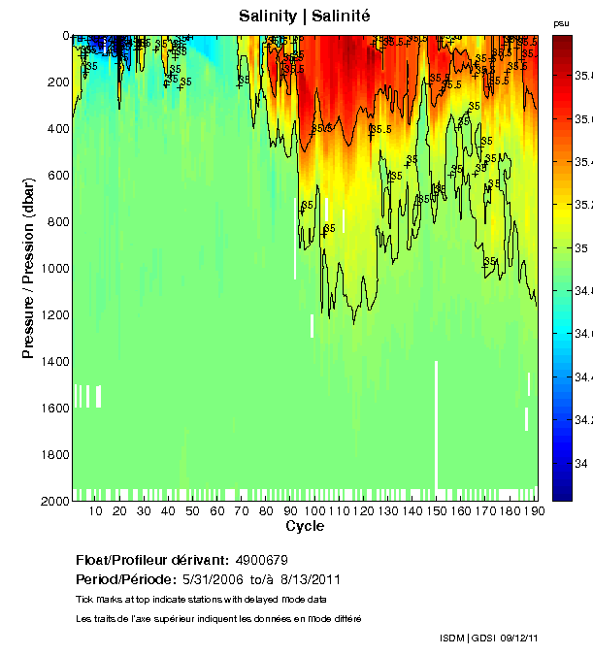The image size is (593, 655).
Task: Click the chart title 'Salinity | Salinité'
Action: click(x=305, y=16)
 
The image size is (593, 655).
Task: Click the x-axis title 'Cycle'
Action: click(x=305, y=526)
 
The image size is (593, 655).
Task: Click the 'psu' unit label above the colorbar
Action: click(x=561, y=22)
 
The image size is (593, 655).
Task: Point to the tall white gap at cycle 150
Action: click(x=436, y=423)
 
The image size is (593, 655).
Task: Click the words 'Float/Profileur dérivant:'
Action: click(x=152, y=560)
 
